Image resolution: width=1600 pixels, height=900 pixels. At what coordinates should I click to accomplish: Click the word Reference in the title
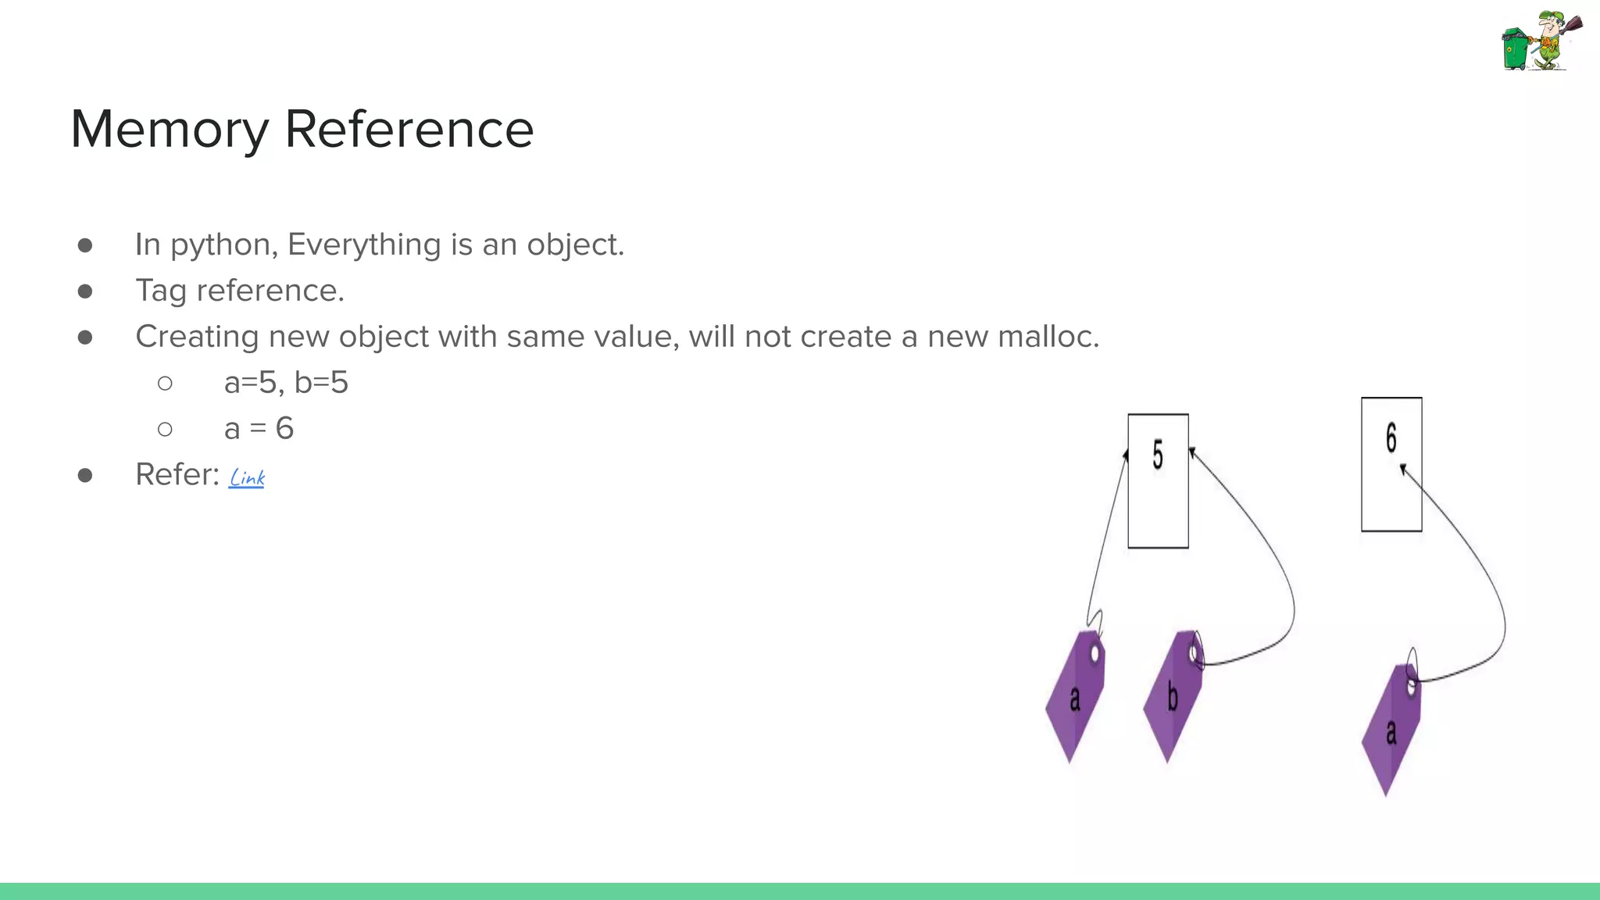click(x=409, y=130)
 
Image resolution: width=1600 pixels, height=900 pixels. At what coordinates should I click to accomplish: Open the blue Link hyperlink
click(x=247, y=477)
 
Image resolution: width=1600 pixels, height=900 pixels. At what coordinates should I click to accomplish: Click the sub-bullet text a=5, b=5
click(x=286, y=383)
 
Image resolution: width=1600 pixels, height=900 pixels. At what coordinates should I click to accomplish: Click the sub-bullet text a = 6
click(x=259, y=429)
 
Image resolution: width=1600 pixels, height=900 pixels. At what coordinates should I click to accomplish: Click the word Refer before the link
click(x=177, y=475)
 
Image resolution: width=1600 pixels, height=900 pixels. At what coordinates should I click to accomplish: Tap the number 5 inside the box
click(x=1158, y=455)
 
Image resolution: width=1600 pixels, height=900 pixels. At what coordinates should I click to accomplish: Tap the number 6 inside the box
click(x=1391, y=438)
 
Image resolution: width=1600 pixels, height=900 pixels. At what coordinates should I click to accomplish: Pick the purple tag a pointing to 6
click(x=1391, y=730)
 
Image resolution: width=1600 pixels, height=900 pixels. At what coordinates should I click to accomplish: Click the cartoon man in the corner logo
click(x=1552, y=39)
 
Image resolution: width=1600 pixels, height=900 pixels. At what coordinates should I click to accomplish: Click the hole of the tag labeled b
click(x=1195, y=653)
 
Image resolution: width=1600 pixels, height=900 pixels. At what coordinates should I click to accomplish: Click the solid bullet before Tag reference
click(x=85, y=291)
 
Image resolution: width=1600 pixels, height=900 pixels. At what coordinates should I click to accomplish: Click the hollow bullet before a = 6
click(x=165, y=429)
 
